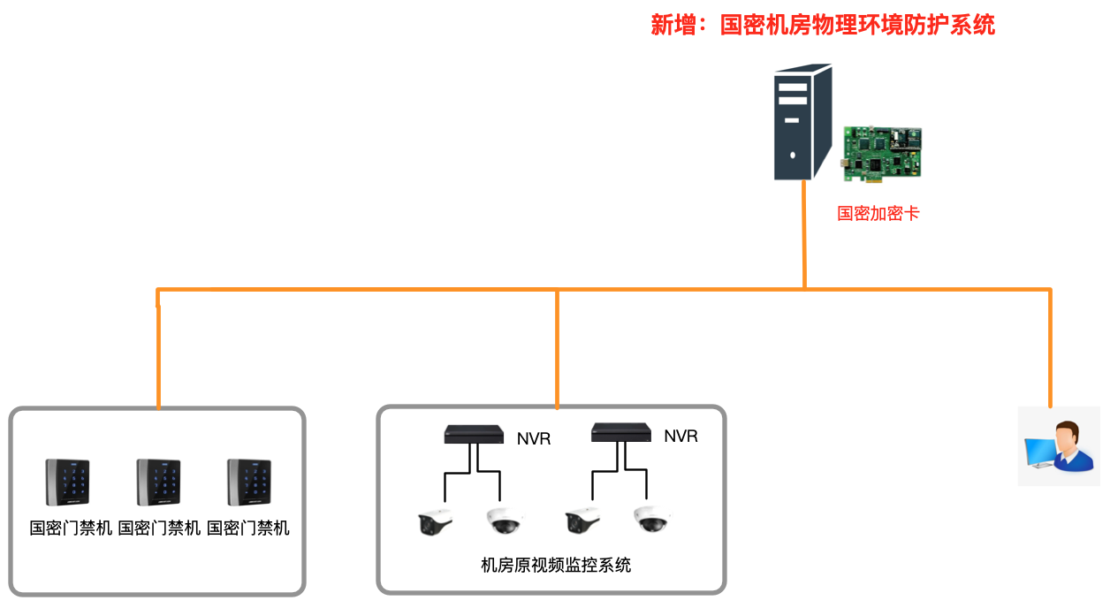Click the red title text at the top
pyautogui.click(x=823, y=25)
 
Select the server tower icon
pyautogui.click(x=803, y=122)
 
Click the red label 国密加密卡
pyautogui.click(x=878, y=213)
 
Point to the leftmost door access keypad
pyautogui.click(x=68, y=482)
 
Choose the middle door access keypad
pyautogui.click(x=158, y=482)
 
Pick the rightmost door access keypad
pyautogui.click(x=248, y=482)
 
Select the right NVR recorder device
pyautogui.click(x=621, y=432)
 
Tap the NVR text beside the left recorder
pyautogui.click(x=534, y=438)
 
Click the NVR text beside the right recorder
pyautogui.click(x=680, y=437)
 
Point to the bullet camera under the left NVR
pyautogui.click(x=435, y=522)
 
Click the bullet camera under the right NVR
pyautogui.click(x=583, y=521)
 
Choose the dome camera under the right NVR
pyautogui.click(x=652, y=521)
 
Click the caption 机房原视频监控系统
pyautogui.click(x=556, y=566)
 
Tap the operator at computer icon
pyautogui.click(x=1058, y=446)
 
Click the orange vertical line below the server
pyautogui.click(x=804, y=234)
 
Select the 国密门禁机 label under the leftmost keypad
pyautogui.click(x=71, y=528)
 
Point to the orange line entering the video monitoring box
pyautogui.click(x=557, y=353)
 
